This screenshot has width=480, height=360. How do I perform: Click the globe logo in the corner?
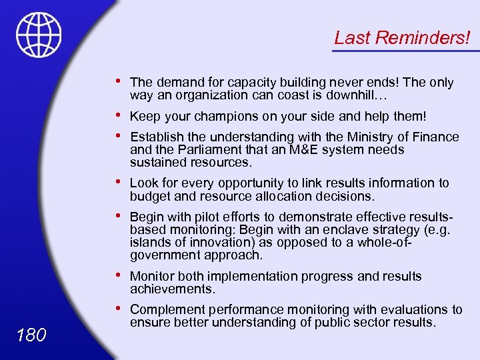(x=39, y=35)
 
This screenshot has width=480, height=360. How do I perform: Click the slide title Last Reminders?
(x=401, y=37)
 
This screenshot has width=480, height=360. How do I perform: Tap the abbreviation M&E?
(x=305, y=149)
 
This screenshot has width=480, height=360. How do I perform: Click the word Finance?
(x=434, y=137)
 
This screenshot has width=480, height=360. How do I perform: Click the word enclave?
(x=323, y=229)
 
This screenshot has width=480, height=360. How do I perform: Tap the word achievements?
(x=171, y=289)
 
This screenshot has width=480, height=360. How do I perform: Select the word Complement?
(x=167, y=309)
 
